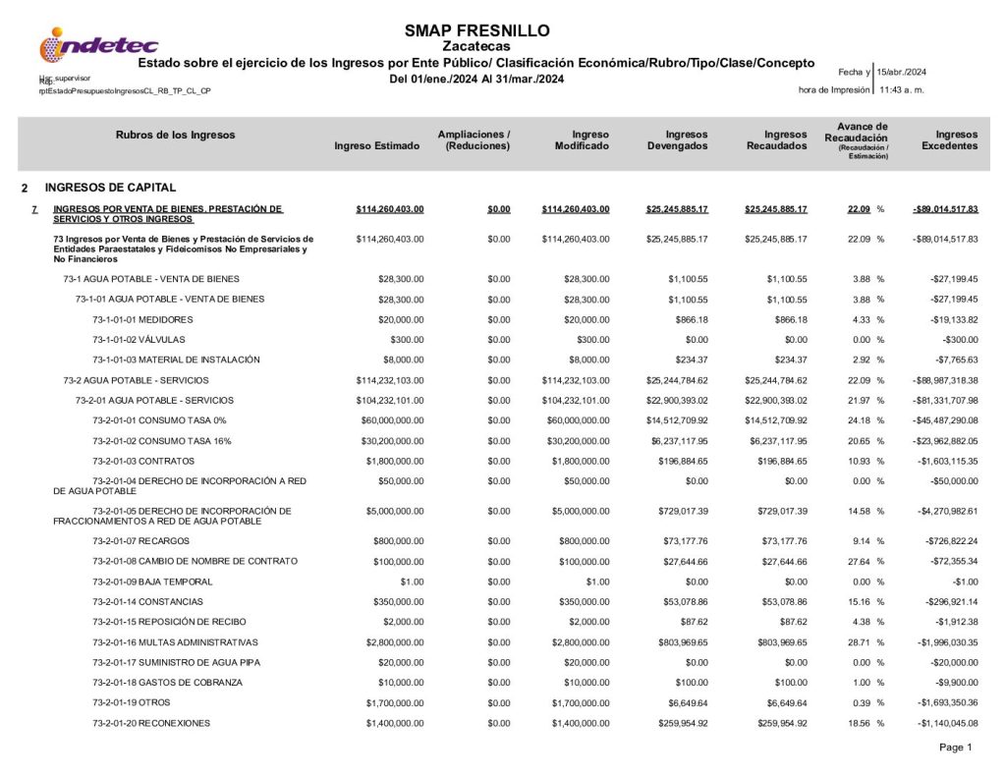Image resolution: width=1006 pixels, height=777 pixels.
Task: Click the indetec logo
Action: coord(98,44)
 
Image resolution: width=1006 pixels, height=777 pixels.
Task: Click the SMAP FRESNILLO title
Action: coord(476,30)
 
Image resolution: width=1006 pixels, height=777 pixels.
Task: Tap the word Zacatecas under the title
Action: coord(476,46)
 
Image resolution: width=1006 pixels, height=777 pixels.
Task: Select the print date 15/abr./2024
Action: coord(902,72)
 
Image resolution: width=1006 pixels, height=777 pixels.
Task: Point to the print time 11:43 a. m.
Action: coord(902,89)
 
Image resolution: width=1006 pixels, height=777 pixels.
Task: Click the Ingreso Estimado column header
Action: coord(377,145)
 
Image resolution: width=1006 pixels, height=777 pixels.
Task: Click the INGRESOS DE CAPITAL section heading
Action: coord(110,187)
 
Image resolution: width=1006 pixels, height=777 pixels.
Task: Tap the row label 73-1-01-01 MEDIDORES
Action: coord(142,319)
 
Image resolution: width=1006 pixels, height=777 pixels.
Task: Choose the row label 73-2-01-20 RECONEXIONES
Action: coord(151,722)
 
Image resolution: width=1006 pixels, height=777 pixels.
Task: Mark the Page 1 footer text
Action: coord(955,748)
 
